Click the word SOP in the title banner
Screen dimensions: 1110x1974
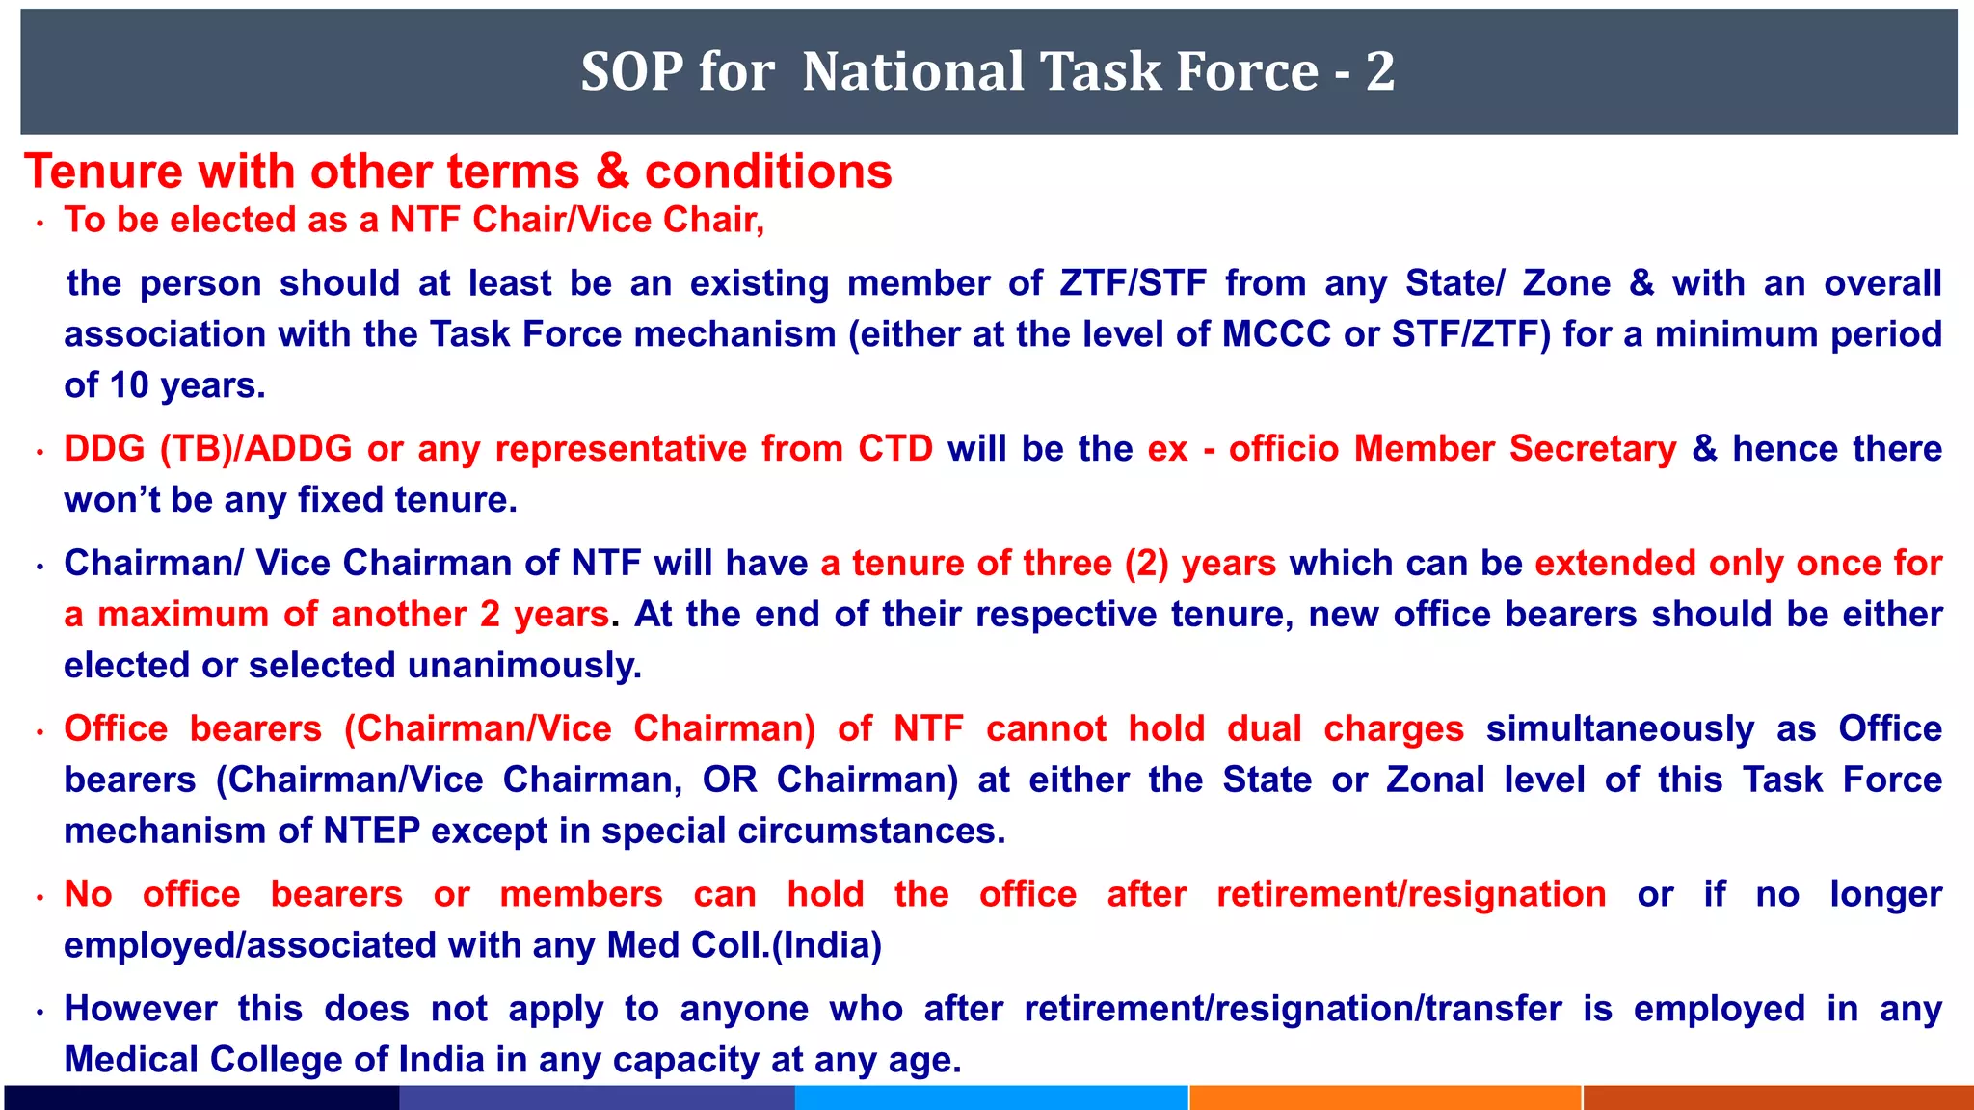[629, 71]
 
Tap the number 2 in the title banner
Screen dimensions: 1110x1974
[1380, 71]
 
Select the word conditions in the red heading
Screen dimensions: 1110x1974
[768, 172]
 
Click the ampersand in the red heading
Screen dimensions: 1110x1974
[612, 172]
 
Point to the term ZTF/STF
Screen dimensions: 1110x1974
[1133, 283]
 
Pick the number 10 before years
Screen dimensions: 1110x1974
[129, 385]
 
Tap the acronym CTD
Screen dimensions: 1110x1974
[895, 449]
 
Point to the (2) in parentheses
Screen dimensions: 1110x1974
[1146, 564]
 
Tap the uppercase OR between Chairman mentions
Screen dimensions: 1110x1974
[730, 780]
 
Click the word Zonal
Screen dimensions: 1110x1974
[1435, 780]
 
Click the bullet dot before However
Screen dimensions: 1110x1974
[40, 1013]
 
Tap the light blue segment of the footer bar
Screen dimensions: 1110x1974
[991, 1097]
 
